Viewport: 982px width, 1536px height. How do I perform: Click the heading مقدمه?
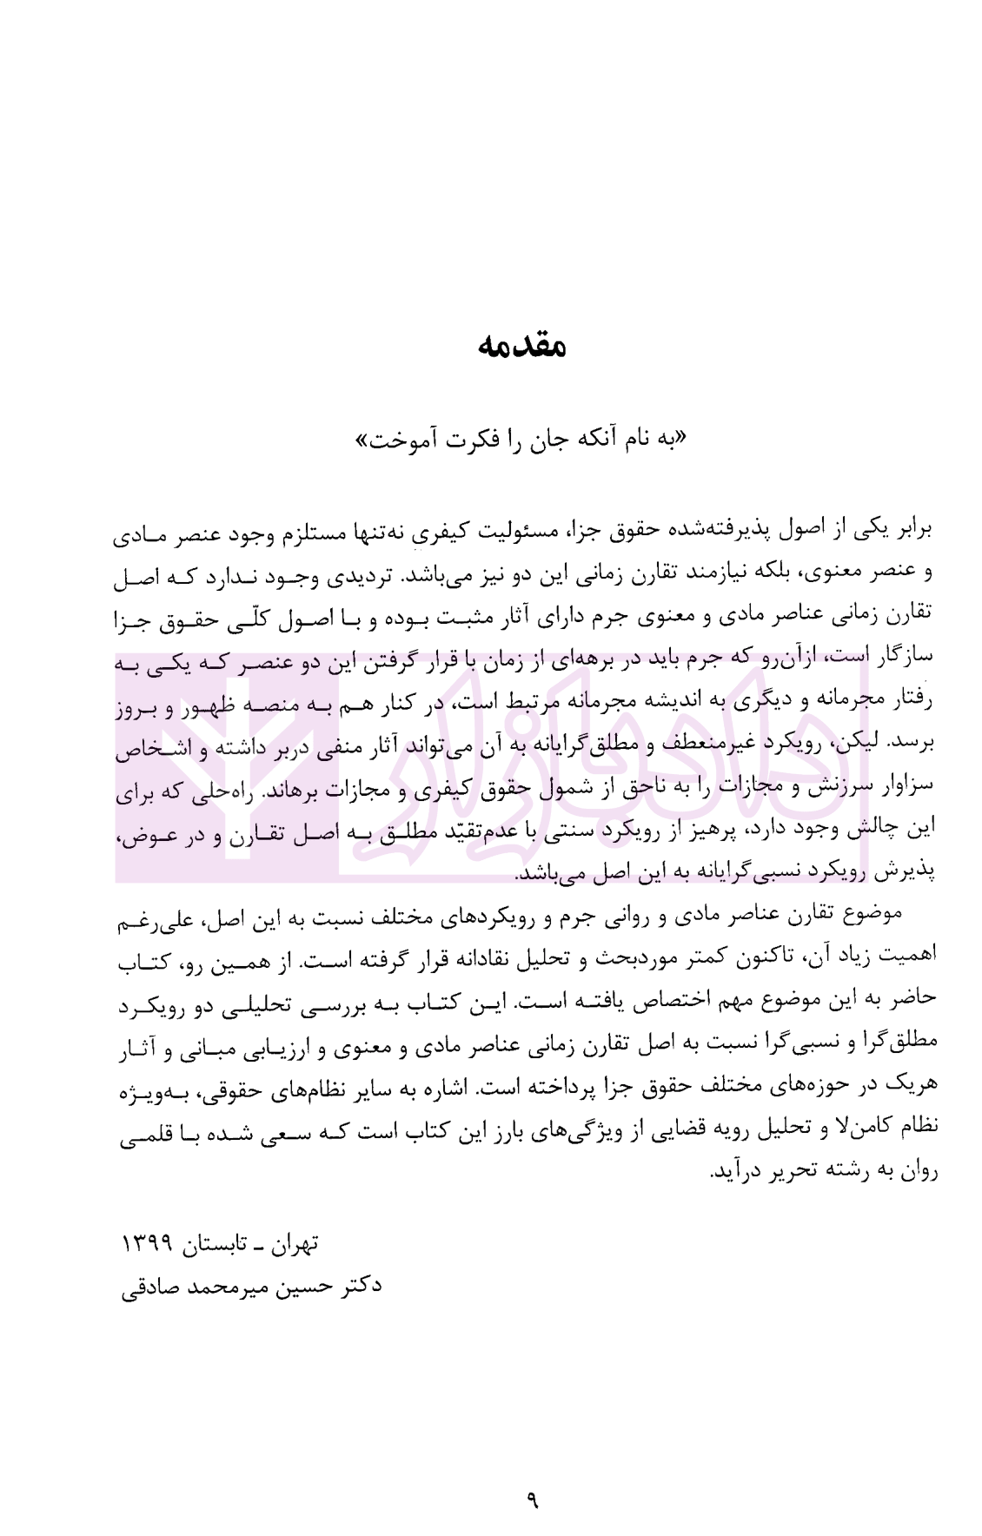[x=521, y=346]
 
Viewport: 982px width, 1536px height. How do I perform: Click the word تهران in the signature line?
[x=293, y=1245]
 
